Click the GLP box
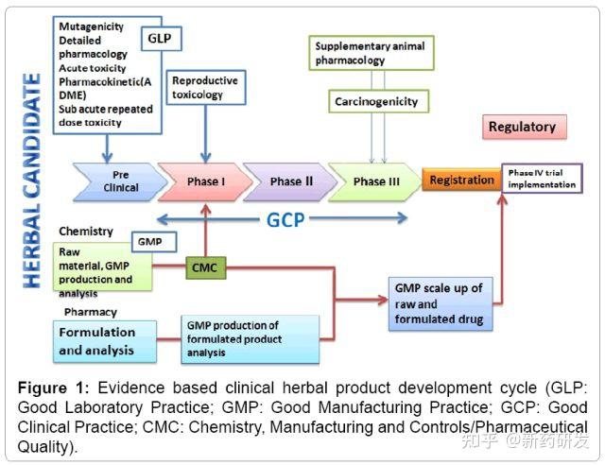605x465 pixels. tap(162, 39)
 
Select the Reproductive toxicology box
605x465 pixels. tap(206, 87)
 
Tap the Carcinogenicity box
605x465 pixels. tap(378, 101)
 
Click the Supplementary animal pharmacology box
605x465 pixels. tap(372, 53)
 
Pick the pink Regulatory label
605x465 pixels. tap(525, 127)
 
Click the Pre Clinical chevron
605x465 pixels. tap(120, 181)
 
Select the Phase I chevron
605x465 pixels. tap(205, 181)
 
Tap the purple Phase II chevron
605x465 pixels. tap(290, 181)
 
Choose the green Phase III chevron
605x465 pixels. tap(375, 181)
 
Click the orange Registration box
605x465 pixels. tap(462, 180)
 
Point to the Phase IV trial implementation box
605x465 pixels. tap(542, 179)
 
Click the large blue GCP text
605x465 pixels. tap(285, 220)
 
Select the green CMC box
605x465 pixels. tap(206, 267)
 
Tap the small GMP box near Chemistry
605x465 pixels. tap(154, 242)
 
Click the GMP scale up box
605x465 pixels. tap(441, 303)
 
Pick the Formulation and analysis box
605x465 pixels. tap(105, 341)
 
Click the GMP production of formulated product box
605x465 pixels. tap(250, 339)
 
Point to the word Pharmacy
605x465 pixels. tap(91, 312)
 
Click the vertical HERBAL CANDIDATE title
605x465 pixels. tap(31, 181)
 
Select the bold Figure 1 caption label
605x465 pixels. tap(53, 387)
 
